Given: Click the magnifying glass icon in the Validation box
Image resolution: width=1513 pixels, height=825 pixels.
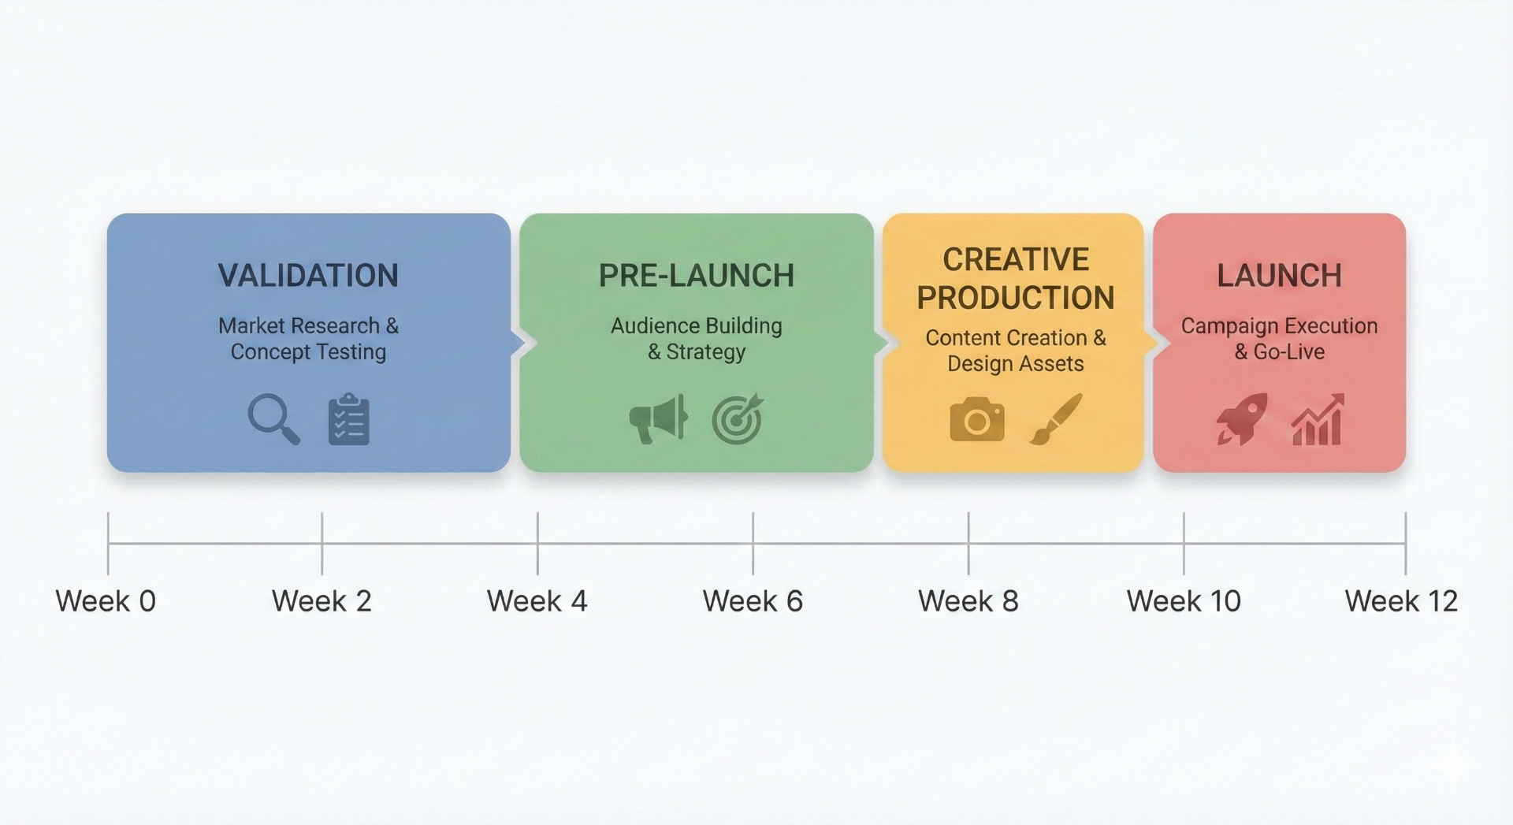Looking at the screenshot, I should coord(273,418).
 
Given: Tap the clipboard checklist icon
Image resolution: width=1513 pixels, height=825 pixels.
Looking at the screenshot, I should coord(348,420).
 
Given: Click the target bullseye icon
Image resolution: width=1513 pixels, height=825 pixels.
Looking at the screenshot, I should coord(738,419).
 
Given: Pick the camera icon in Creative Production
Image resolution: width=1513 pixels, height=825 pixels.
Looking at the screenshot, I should coord(977,419).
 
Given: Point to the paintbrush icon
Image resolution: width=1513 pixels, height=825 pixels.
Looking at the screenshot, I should coord(1056,419).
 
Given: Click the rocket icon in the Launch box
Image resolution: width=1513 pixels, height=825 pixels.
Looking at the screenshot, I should coord(1242,418).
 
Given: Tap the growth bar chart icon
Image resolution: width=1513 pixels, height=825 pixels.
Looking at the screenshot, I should coord(1318,420).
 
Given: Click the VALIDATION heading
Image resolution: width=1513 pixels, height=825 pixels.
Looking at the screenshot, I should coord(308,276).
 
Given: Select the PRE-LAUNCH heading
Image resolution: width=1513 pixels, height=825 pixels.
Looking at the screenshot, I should coord(697,276).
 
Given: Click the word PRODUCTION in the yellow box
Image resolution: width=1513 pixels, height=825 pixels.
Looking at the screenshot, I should coord(1015,298).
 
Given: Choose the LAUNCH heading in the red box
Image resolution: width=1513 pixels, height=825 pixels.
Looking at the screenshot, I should coord(1279,276).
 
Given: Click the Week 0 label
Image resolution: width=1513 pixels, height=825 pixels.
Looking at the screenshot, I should coord(106,601).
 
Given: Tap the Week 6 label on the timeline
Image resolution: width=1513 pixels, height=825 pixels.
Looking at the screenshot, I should coord(753,601).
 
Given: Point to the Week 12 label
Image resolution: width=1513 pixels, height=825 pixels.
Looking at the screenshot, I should coord(1401,601).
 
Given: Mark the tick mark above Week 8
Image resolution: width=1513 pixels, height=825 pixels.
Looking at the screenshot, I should coord(968,543).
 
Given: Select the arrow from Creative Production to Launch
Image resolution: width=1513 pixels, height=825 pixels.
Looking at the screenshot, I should coord(1152,343).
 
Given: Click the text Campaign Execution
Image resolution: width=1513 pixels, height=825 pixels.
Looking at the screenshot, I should coord(1279,325).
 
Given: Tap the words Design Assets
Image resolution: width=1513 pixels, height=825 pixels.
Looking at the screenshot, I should coord(1015,364).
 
